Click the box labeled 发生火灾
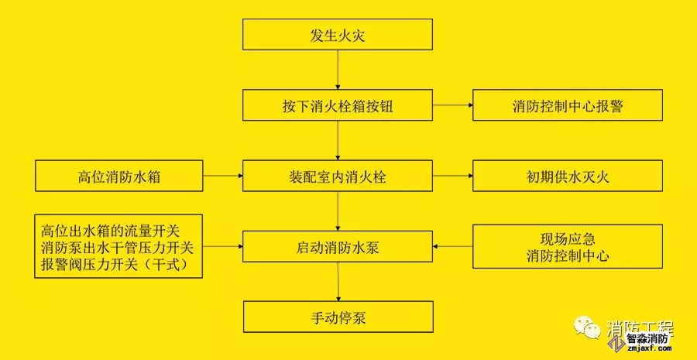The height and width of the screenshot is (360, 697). coord(338,36)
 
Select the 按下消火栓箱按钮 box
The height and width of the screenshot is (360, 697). coord(338,105)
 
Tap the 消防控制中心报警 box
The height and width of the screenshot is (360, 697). coord(567,105)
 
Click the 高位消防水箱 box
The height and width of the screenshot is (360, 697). coord(118,176)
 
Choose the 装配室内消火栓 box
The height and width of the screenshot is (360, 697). coord(338,176)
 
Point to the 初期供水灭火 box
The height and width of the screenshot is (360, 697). coord(567,176)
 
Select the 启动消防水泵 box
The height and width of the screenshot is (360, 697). coord(338,246)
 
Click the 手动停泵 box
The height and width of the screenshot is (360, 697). coord(338,317)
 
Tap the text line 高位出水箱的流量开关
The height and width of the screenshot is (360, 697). coord(120,231)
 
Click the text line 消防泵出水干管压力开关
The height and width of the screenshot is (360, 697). coord(120,249)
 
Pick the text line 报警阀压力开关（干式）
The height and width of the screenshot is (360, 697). coord(120,266)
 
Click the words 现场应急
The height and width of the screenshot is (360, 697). coord(568,238)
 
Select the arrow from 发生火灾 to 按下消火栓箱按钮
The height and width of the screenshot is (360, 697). coord(338,70)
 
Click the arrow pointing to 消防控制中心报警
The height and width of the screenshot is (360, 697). coord(452,105)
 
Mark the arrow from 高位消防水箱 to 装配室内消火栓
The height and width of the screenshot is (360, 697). coord(223,176)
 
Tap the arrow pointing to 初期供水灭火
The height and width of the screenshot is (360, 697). coord(452,176)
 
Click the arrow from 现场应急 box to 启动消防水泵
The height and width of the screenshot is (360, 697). coord(452,246)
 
